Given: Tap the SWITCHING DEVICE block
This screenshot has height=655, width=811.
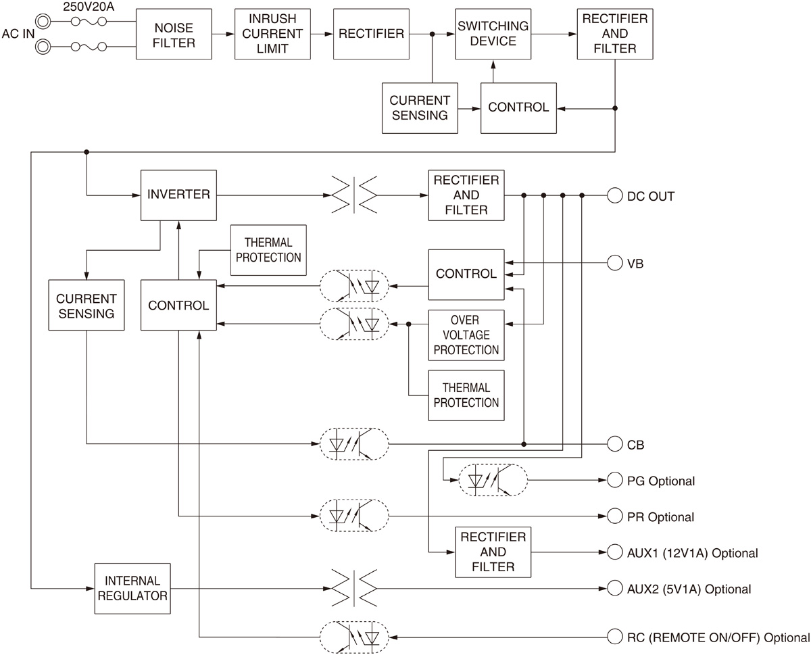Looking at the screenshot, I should click(x=493, y=34).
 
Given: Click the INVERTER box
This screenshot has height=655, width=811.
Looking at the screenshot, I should click(x=178, y=195).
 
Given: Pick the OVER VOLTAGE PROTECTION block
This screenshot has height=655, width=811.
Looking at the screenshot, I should click(x=466, y=335).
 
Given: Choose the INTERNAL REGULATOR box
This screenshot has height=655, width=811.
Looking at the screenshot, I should click(x=132, y=588).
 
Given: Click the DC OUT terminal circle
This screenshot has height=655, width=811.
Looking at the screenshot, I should click(x=614, y=196).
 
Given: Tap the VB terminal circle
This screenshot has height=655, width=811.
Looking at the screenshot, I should click(x=614, y=262).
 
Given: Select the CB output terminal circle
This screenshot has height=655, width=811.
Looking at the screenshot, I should click(x=614, y=444).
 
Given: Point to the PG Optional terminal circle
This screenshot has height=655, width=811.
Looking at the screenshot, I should click(x=614, y=481).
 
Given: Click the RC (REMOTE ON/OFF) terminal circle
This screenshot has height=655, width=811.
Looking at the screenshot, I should click(x=614, y=637).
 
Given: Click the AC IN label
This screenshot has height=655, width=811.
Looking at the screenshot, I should click(x=18, y=34).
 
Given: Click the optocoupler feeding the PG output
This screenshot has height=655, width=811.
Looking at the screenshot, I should click(x=493, y=481).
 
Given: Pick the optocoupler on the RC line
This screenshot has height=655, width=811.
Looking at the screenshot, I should click(x=354, y=637).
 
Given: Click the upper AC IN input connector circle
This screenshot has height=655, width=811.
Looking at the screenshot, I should click(x=44, y=22).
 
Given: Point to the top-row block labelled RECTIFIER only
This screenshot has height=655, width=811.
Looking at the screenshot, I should click(x=371, y=34).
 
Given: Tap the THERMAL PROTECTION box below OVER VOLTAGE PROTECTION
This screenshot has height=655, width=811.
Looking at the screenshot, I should click(x=466, y=395).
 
